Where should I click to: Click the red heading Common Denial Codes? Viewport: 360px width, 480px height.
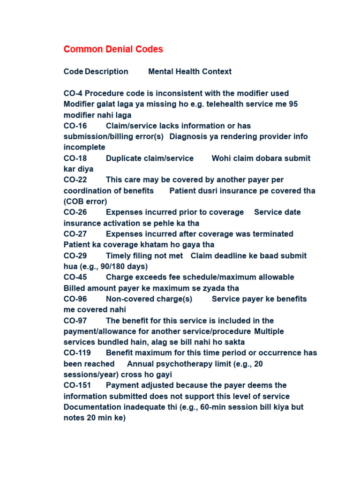[x=113, y=49]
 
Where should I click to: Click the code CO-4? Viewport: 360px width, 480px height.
[x=73, y=93]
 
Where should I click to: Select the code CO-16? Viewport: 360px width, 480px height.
[x=75, y=126]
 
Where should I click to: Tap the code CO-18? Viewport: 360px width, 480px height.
[x=75, y=158]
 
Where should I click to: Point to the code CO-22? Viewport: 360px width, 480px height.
[x=75, y=180]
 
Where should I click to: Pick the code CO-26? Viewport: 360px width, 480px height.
[x=75, y=212]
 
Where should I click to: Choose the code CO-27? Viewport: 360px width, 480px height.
[x=75, y=234]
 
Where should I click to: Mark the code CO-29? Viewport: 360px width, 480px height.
[x=75, y=255]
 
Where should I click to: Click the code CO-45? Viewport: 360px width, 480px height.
[x=75, y=277]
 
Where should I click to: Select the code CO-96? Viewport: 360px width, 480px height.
[x=75, y=299]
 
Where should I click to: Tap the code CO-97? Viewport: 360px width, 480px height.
[x=75, y=321]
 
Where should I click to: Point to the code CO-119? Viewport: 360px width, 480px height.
[x=77, y=352]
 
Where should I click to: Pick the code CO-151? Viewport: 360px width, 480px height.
[x=77, y=385]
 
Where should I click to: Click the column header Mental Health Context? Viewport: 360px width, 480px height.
[x=189, y=72]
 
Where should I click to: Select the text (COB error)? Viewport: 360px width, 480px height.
[x=85, y=202]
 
